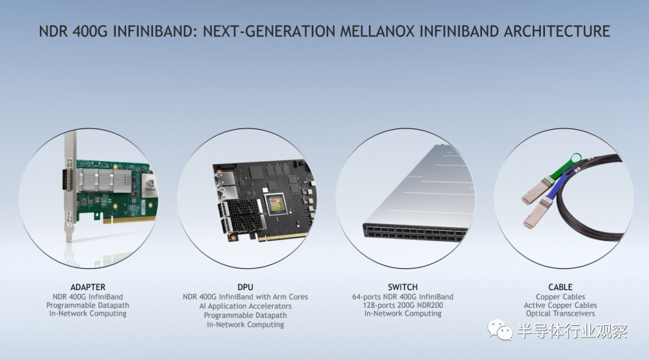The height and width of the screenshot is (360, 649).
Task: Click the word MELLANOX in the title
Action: pyautogui.click(x=377, y=31)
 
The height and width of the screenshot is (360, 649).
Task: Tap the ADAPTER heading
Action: pyautogui.click(x=88, y=287)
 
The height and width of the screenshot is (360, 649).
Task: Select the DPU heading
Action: pyautogui.click(x=245, y=287)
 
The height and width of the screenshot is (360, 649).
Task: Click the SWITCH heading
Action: pyautogui.click(x=403, y=287)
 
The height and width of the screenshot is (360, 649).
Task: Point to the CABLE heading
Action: pyautogui.click(x=561, y=287)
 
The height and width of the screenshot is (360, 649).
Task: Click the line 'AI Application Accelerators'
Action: pyautogui.click(x=245, y=306)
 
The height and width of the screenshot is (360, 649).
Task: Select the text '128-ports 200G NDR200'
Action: pyautogui.click(x=403, y=305)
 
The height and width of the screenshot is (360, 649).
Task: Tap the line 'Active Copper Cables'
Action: pyautogui.click(x=561, y=305)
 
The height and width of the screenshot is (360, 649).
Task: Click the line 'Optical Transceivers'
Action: pyautogui.click(x=561, y=313)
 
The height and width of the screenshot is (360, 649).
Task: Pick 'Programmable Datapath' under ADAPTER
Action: pyautogui.click(x=88, y=305)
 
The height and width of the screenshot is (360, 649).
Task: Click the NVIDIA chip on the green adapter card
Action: pyautogui.click(x=150, y=185)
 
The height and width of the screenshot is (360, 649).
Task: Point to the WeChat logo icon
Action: pyautogui.click(x=500, y=330)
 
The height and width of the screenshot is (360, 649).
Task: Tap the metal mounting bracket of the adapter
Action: pyautogui.click(x=70, y=186)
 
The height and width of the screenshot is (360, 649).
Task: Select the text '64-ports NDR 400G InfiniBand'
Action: pyautogui.click(x=403, y=297)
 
